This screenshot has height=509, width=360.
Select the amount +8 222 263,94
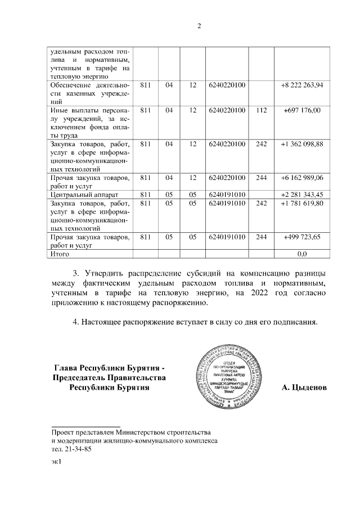(301, 85)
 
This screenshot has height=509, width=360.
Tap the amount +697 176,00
(301, 110)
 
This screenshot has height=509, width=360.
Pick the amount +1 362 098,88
(301, 144)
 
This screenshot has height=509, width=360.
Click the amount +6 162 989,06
(301, 178)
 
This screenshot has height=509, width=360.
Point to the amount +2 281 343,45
(301, 194)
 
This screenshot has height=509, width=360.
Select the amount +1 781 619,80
(301, 203)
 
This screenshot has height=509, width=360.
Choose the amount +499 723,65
(301, 237)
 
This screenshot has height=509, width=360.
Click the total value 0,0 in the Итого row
(301, 254)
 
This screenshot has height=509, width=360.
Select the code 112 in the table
(260, 110)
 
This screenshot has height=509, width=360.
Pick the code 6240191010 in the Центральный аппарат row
(227, 195)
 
